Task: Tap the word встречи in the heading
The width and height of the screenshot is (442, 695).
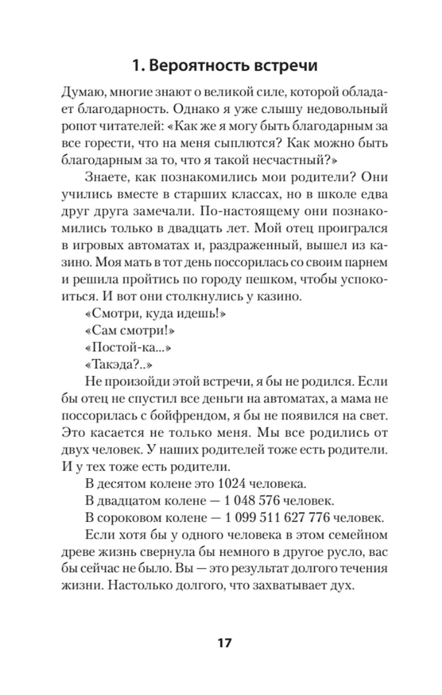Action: tap(286, 65)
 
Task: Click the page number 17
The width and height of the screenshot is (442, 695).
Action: tap(224, 642)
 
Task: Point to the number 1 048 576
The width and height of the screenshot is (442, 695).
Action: tap(252, 500)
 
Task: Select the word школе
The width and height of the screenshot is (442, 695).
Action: tap(334, 194)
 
